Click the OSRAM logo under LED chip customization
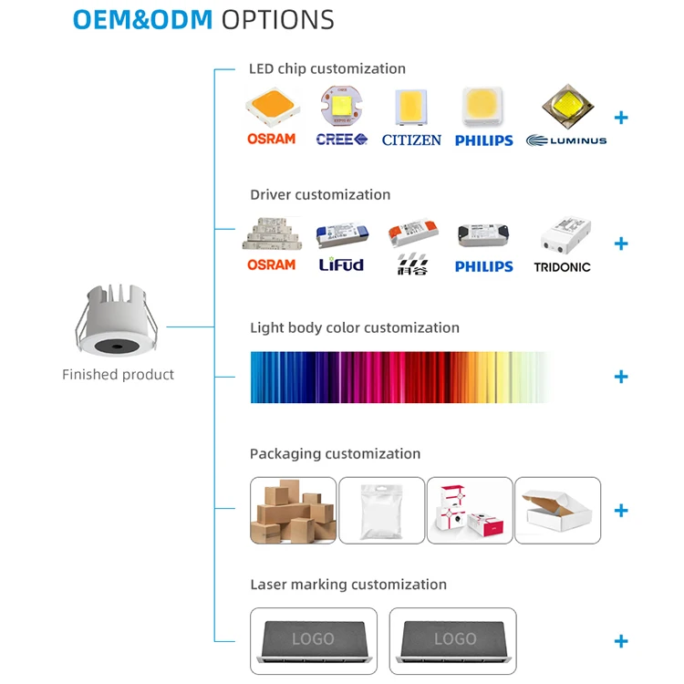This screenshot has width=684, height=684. pos(271,139)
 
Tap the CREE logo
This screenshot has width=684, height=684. pos(342,140)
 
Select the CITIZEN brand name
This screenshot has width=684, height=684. pos(411,140)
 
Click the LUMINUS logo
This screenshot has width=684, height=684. pos(566,140)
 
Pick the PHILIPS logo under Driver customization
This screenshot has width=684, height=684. pos(483,266)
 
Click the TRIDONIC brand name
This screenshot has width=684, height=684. pos(562,267)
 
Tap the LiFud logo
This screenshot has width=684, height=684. pos(341,264)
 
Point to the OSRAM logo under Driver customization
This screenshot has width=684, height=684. pos(271,264)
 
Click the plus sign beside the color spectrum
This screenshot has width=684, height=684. pos(621,377)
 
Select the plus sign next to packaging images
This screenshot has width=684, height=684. pos(621,511)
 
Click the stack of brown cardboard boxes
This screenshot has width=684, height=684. pos(293,511)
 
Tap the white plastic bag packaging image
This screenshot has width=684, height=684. pos(381,511)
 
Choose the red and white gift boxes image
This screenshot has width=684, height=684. pos(470,511)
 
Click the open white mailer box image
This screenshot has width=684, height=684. pos(557,511)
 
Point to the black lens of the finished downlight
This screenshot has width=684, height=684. pos(119,347)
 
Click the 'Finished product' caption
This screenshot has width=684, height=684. pos(118,375)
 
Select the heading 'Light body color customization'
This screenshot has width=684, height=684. pos(354,327)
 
